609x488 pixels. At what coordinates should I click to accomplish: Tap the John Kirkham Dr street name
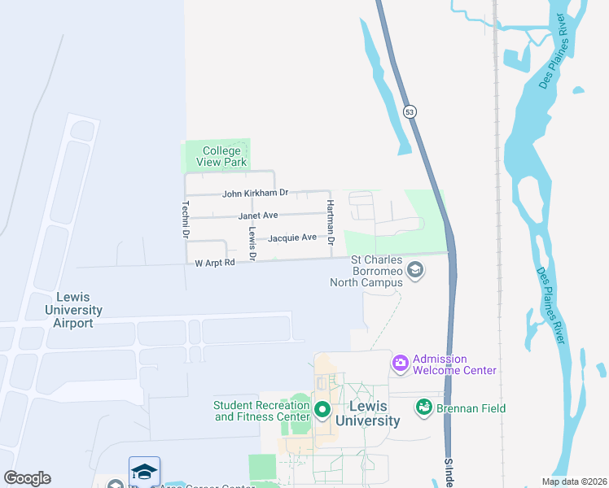[256, 194]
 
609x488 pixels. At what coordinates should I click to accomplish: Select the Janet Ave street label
[258, 216]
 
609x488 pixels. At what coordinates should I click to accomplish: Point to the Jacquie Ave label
[292, 237]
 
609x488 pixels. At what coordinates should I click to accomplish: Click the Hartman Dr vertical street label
[331, 222]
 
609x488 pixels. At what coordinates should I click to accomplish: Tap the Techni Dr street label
[186, 219]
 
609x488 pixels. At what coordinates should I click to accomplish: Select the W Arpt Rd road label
[215, 263]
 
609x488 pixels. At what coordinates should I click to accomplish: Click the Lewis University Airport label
[73, 310]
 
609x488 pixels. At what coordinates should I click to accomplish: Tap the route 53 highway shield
[410, 111]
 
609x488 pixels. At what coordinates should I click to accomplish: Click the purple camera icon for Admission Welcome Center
[401, 363]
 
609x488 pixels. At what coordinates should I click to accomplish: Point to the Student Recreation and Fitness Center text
[261, 411]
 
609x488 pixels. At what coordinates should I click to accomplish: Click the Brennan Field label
[471, 408]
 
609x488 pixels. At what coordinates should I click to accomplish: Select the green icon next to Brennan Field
[423, 407]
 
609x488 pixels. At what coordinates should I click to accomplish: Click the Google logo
[27, 478]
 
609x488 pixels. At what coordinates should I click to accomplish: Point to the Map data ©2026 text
[573, 481]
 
